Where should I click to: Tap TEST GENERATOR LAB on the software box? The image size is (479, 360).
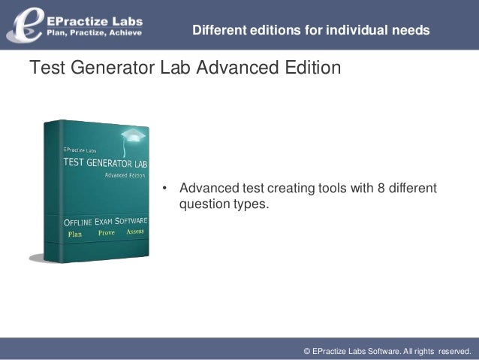click(104, 162)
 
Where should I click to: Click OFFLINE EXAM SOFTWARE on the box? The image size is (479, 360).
click(105, 222)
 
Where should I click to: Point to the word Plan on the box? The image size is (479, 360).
click(75, 234)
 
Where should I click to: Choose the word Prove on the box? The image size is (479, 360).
click(106, 233)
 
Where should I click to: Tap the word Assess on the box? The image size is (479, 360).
click(134, 232)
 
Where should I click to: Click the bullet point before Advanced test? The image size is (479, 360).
click(164, 187)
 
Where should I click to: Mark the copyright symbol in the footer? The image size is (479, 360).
click(306, 350)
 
